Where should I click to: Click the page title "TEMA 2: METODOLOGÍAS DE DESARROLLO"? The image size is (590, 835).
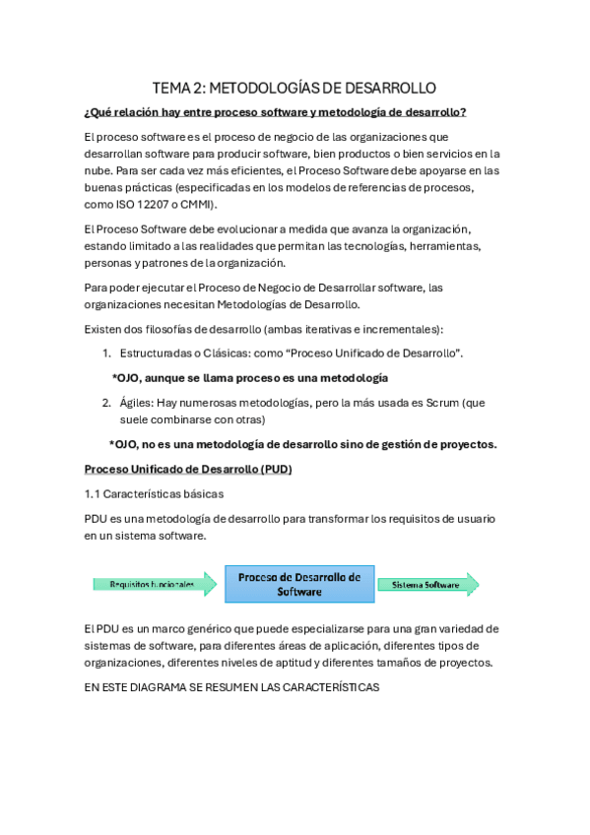295,88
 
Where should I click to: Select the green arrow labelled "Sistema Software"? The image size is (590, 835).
427,584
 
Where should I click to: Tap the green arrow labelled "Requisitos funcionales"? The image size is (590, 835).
155,584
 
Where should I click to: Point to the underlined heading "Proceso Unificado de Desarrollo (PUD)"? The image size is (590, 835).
188,469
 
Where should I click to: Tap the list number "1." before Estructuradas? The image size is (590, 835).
107,353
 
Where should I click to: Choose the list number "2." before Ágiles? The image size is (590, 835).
107,402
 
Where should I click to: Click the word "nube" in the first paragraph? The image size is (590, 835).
100,169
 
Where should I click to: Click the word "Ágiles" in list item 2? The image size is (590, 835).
137,402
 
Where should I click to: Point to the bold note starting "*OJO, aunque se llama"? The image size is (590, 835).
250,377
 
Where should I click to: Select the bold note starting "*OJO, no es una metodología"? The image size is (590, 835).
302,444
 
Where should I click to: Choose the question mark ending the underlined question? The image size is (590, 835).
464,112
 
